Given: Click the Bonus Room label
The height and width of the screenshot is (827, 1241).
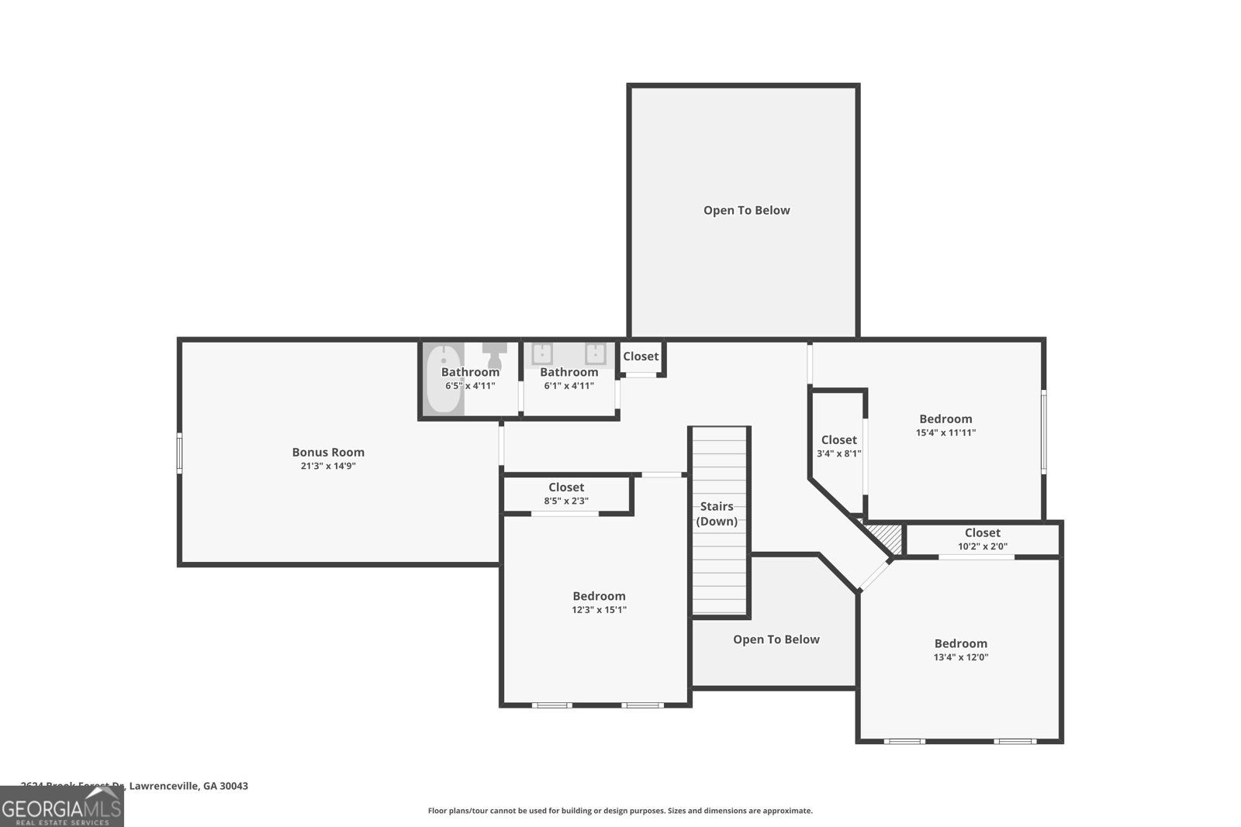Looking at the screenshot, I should pyautogui.click(x=328, y=452).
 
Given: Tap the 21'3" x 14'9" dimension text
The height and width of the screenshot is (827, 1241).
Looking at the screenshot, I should pyautogui.click(x=328, y=466).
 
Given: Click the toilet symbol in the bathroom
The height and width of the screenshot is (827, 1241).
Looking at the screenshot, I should pyautogui.click(x=493, y=357).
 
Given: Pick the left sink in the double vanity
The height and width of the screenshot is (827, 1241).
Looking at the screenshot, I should pyautogui.click(x=542, y=354).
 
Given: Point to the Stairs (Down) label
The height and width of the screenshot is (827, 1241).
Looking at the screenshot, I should pyautogui.click(x=717, y=514).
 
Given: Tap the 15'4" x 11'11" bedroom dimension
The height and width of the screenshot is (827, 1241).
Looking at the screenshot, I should pyautogui.click(x=945, y=432).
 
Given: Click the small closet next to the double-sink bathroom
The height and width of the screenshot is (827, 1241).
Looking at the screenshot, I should pyautogui.click(x=641, y=357).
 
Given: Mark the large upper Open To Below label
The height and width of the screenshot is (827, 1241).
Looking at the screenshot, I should pyautogui.click(x=746, y=210).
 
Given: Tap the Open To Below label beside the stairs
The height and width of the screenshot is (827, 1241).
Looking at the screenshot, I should pyautogui.click(x=776, y=639).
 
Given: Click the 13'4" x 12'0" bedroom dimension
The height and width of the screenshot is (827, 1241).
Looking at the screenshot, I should pyautogui.click(x=960, y=657).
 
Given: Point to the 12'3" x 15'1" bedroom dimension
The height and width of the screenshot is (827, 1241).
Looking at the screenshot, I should pyautogui.click(x=599, y=610).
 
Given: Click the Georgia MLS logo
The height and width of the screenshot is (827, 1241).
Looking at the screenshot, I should pyautogui.click(x=61, y=807).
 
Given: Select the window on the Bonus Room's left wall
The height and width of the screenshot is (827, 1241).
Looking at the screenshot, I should pyautogui.click(x=179, y=453).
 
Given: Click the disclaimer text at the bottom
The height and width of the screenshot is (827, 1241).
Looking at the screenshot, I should pyautogui.click(x=620, y=811).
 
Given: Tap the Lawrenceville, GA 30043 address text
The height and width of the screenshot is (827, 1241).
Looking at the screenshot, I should pyautogui.click(x=188, y=786).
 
